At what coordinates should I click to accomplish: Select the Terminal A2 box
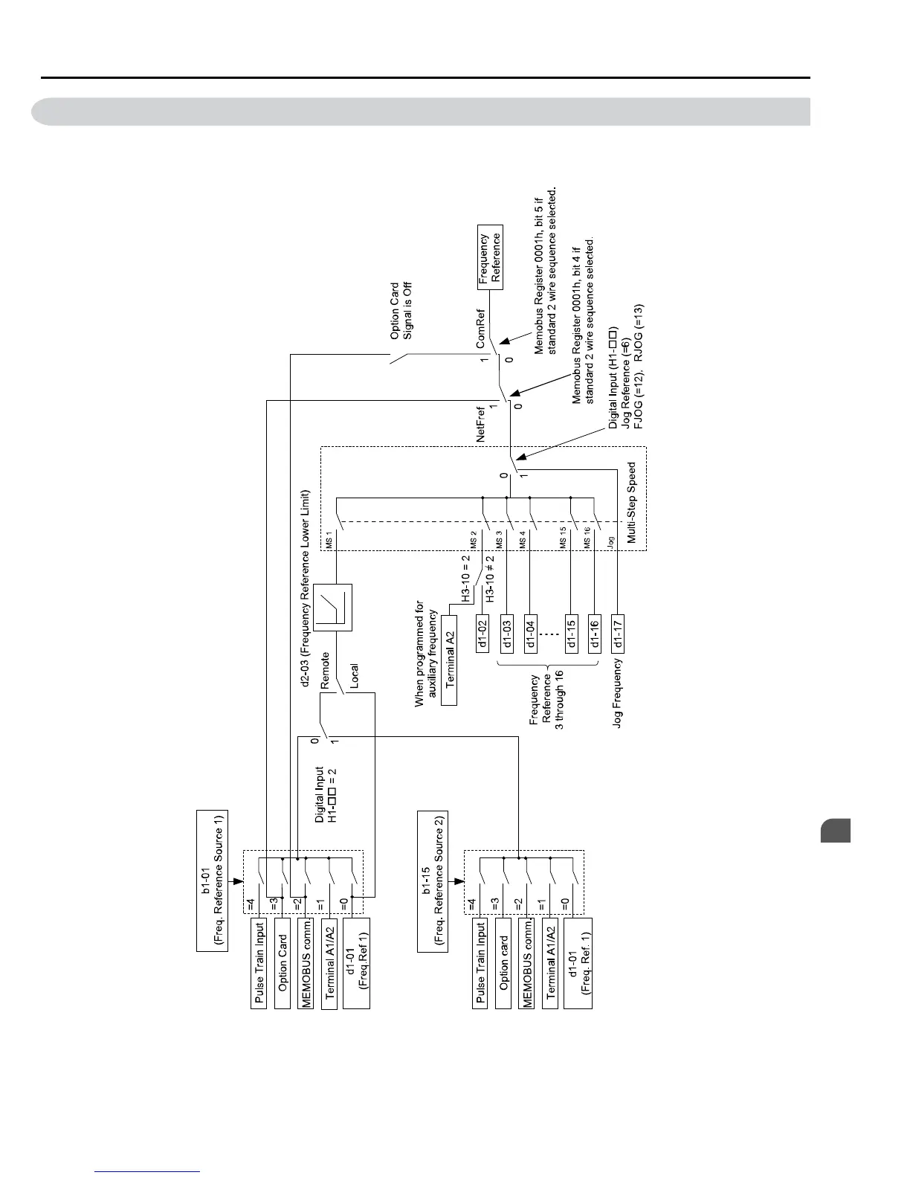click(449, 660)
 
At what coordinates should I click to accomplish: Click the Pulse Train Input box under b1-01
click(259, 964)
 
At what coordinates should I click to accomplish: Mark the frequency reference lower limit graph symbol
click(332, 607)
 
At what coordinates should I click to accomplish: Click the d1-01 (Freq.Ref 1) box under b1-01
click(355, 964)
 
